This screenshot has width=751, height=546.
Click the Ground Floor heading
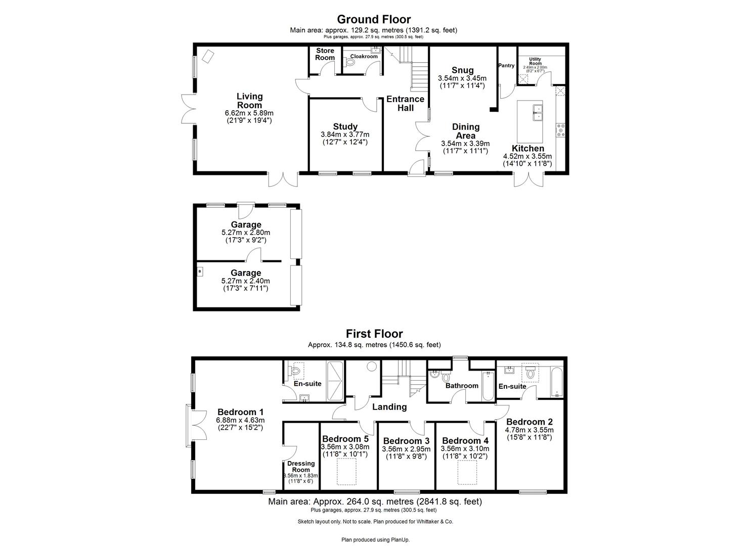(374, 20)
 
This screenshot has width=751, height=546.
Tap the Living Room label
(250, 100)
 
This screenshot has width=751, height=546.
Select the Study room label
(345, 126)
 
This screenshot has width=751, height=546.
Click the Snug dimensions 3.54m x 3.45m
(462, 78)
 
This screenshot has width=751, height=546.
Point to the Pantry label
(506, 66)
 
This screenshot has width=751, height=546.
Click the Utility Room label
(535, 61)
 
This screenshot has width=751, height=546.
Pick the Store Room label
(325, 54)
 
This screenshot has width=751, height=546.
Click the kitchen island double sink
(536, 112)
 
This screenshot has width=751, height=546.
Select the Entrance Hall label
(406, 104)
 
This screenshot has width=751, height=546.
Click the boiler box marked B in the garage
(200, 271)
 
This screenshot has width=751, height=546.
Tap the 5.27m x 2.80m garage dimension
(246, 233)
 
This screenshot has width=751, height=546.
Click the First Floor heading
(374, 334)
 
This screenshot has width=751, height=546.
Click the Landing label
(389, 406)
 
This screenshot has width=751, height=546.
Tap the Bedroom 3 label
(407, 441)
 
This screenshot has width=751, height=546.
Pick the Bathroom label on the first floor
(462, 386)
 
